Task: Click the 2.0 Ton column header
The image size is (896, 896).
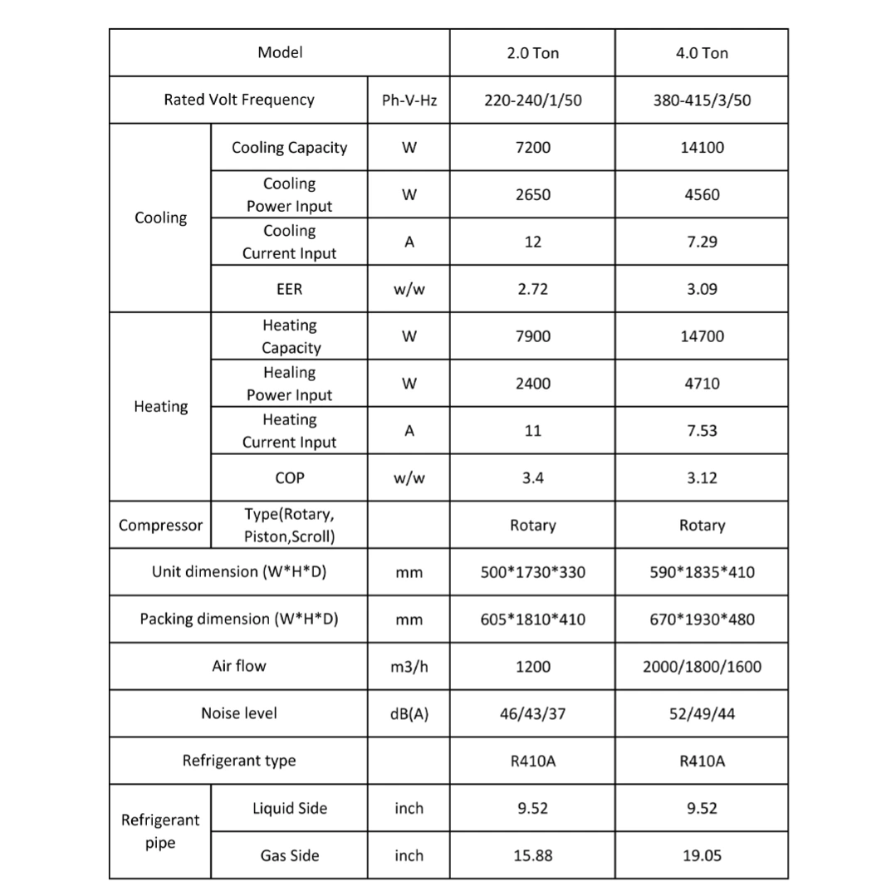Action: tap(532, 53)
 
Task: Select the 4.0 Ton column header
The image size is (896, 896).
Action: tap(702, 53)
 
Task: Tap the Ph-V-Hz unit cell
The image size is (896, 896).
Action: tap(409, 100)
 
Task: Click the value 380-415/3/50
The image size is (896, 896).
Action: tap(702, 100)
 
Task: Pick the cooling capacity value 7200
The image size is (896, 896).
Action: tap(532, 148)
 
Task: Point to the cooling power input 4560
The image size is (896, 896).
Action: tap(702, 195)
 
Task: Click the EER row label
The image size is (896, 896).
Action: tap(289, 290)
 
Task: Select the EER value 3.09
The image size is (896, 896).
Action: tap(702, 290)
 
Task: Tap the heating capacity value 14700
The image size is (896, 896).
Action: tap(702, 336)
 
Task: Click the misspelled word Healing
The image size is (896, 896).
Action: tap(289, 373)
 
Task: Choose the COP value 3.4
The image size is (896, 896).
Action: tap(532, 478)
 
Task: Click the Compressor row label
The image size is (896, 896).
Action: tap(160, 526)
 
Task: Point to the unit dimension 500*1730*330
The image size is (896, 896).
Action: tap(532, 572)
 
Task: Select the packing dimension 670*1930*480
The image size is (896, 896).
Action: tap(702, 619)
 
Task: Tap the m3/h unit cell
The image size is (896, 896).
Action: tap(409, 667)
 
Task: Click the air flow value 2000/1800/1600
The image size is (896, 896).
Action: tap(702, 667)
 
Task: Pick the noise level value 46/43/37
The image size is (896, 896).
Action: tap(532, 714)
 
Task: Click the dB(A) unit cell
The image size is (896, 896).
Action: tap(409, 714)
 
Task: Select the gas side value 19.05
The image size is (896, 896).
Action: tap(702, 856)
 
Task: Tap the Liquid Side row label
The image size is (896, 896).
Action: tap(289, 809)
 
